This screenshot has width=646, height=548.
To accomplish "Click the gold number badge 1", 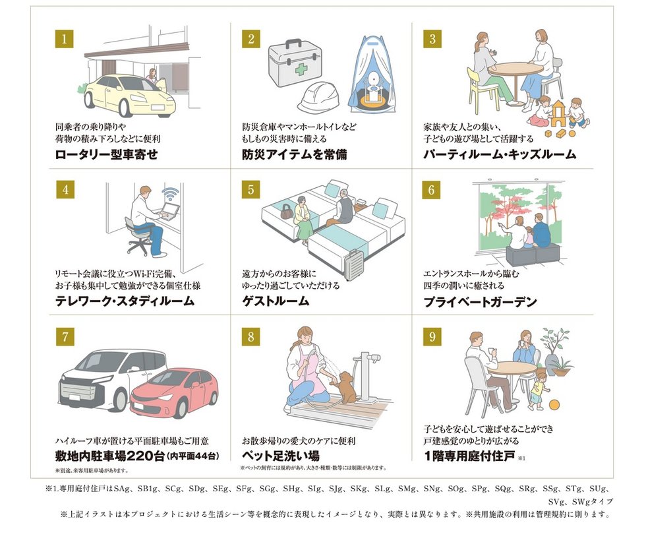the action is pos(65,39).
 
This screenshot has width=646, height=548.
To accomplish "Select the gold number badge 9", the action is pos(432,336).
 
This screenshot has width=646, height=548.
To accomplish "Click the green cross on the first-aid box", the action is pos(301,69).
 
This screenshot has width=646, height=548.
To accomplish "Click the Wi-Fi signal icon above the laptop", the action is pos(170,194).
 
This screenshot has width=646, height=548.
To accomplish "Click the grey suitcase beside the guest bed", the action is pos(354,264).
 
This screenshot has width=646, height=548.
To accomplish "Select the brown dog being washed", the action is pos(345,387).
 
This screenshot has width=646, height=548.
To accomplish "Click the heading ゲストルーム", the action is pos(276,301).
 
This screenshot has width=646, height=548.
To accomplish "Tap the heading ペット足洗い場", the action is pos(281,456).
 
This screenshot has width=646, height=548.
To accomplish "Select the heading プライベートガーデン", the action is pos(481,302).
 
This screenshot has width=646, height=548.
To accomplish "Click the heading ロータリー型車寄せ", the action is pos(107,154).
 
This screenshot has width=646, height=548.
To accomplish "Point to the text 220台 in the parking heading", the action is pos(146,456).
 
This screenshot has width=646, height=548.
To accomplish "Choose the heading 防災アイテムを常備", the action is pos(295,154).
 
